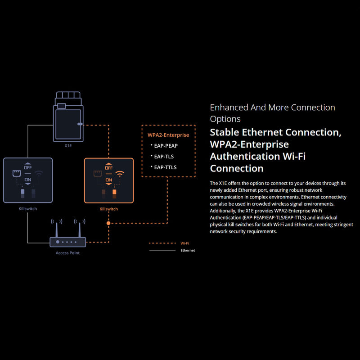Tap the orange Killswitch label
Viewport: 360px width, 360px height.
108,209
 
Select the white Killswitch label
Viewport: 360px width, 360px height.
27,209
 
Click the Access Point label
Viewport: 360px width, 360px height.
67,253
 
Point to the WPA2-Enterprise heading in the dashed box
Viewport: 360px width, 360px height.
168,135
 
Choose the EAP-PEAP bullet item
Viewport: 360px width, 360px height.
165,146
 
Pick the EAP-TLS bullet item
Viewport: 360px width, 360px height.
163,157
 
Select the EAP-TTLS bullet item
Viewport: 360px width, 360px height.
165,167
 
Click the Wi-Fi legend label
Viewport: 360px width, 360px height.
184,243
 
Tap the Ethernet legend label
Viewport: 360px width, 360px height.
188,250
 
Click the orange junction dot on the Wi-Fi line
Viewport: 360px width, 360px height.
108,223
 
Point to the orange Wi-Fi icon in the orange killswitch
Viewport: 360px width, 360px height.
120,173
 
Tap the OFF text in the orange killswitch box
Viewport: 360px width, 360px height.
108,167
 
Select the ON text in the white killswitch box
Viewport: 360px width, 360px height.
27,180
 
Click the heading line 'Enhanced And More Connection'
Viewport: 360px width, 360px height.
272,108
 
